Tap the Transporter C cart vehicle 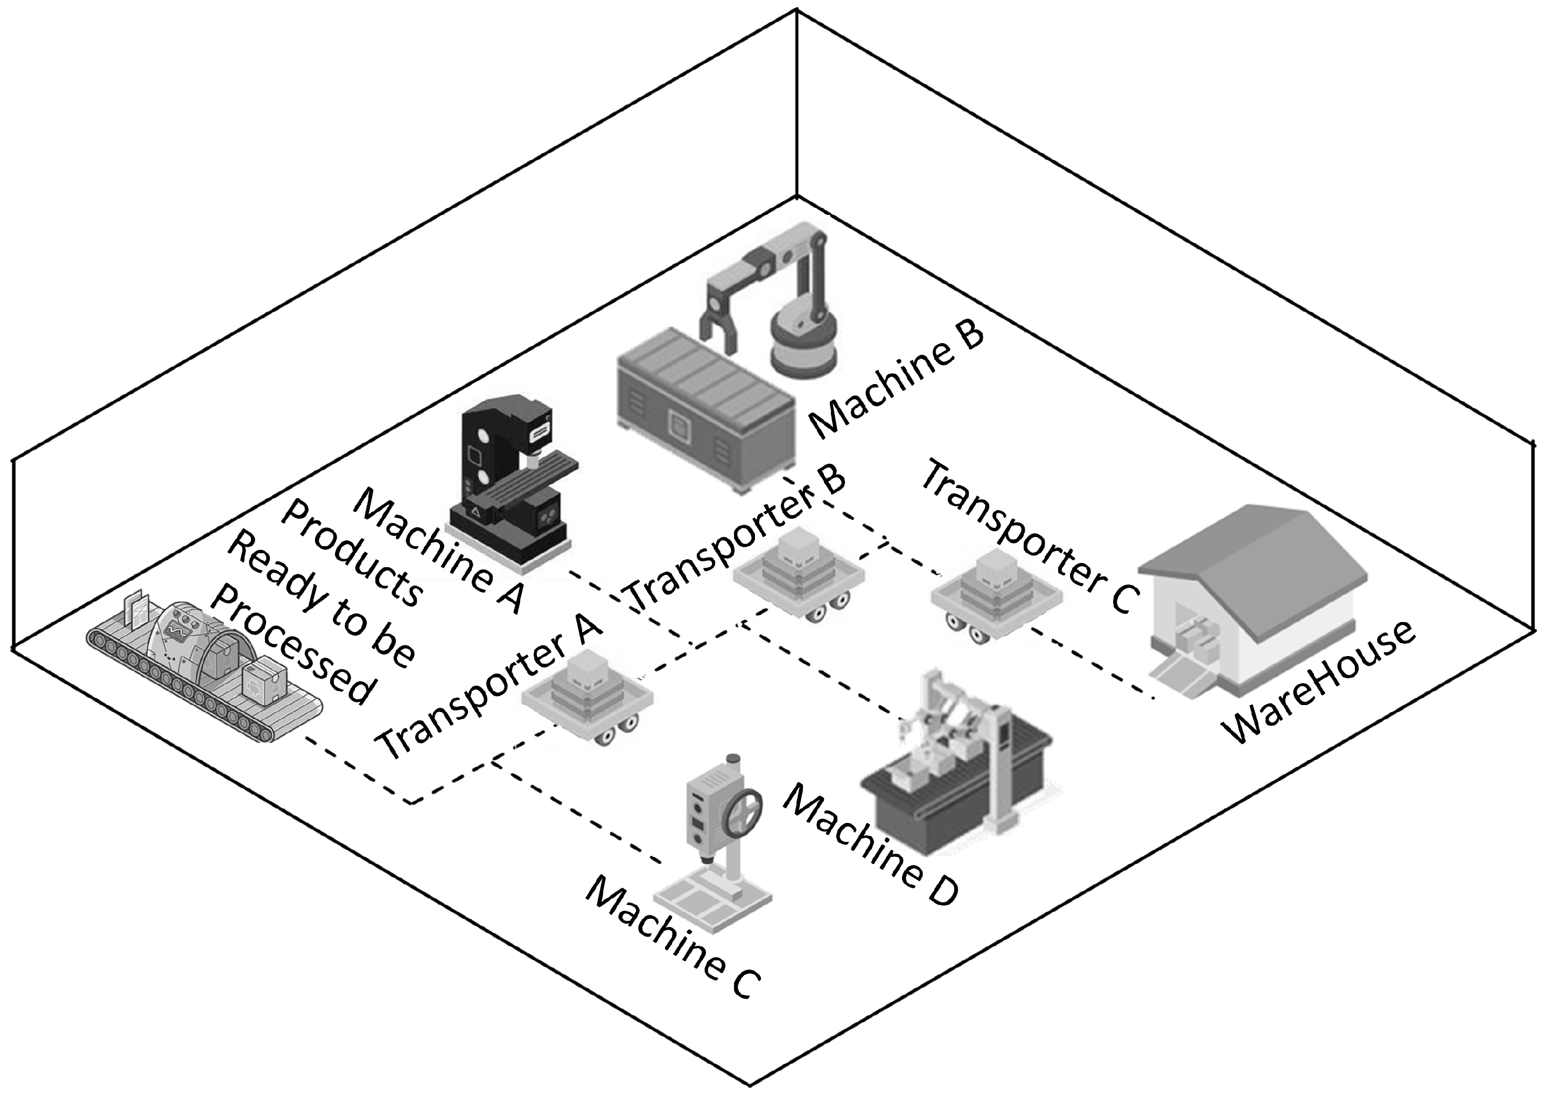pyautogui.click(x=995, y=597)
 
